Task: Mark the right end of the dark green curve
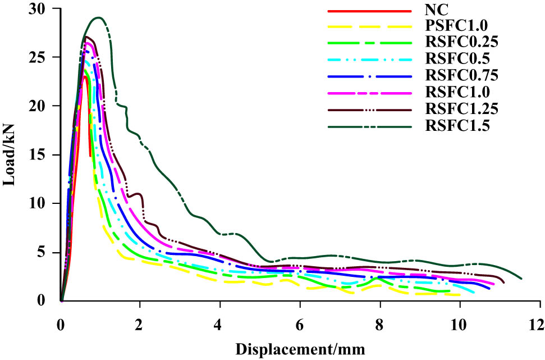521,278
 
